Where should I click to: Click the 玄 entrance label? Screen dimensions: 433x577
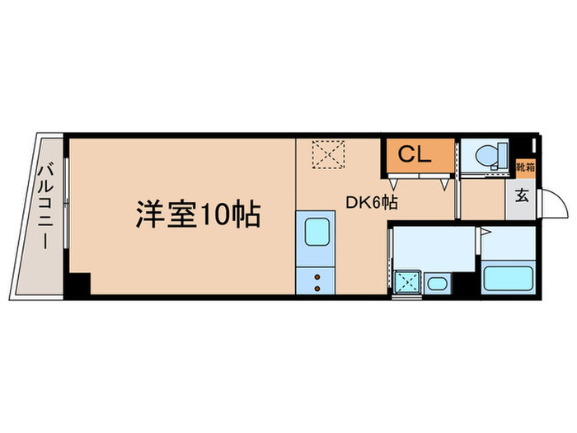[522, 196]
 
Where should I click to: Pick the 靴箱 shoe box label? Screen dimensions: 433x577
[523, 168]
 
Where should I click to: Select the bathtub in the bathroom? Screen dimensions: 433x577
[508, 277]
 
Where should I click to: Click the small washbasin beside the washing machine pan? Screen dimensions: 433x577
[438, 284]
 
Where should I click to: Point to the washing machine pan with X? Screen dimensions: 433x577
[406, 282]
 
